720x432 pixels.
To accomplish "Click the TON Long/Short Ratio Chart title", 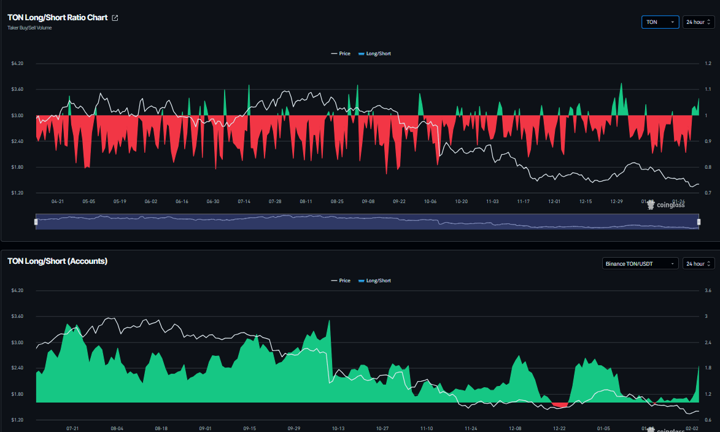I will coord(57,18).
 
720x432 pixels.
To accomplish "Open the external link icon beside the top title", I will coord(115,18).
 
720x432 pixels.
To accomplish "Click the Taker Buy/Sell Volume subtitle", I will coord(29,28).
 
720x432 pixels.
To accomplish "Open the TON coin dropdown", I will coord(660,22).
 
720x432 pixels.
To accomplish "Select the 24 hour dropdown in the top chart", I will coord(699,22).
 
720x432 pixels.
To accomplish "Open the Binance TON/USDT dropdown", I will coord(640,263).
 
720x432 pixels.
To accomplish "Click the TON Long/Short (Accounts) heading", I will coord(57,261).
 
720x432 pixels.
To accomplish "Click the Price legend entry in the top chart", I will coord(341,53).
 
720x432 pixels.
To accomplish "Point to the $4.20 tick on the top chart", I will coord(17,63).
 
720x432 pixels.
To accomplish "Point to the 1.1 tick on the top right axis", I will coord(708,90).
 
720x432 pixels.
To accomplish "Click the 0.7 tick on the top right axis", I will coord(708,193).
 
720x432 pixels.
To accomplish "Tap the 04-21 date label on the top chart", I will coord(58,201).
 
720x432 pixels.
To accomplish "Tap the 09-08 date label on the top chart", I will coord(368,201).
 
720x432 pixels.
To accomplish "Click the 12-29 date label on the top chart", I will coord(617,201).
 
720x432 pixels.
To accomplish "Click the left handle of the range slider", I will coord(36,222).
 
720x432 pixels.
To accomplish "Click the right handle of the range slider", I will coord(699,222).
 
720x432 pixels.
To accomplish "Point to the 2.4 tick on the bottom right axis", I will coord(708,342).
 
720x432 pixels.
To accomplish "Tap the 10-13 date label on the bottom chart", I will coord(338,428).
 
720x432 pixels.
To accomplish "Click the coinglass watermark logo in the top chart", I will coord(667,204).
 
